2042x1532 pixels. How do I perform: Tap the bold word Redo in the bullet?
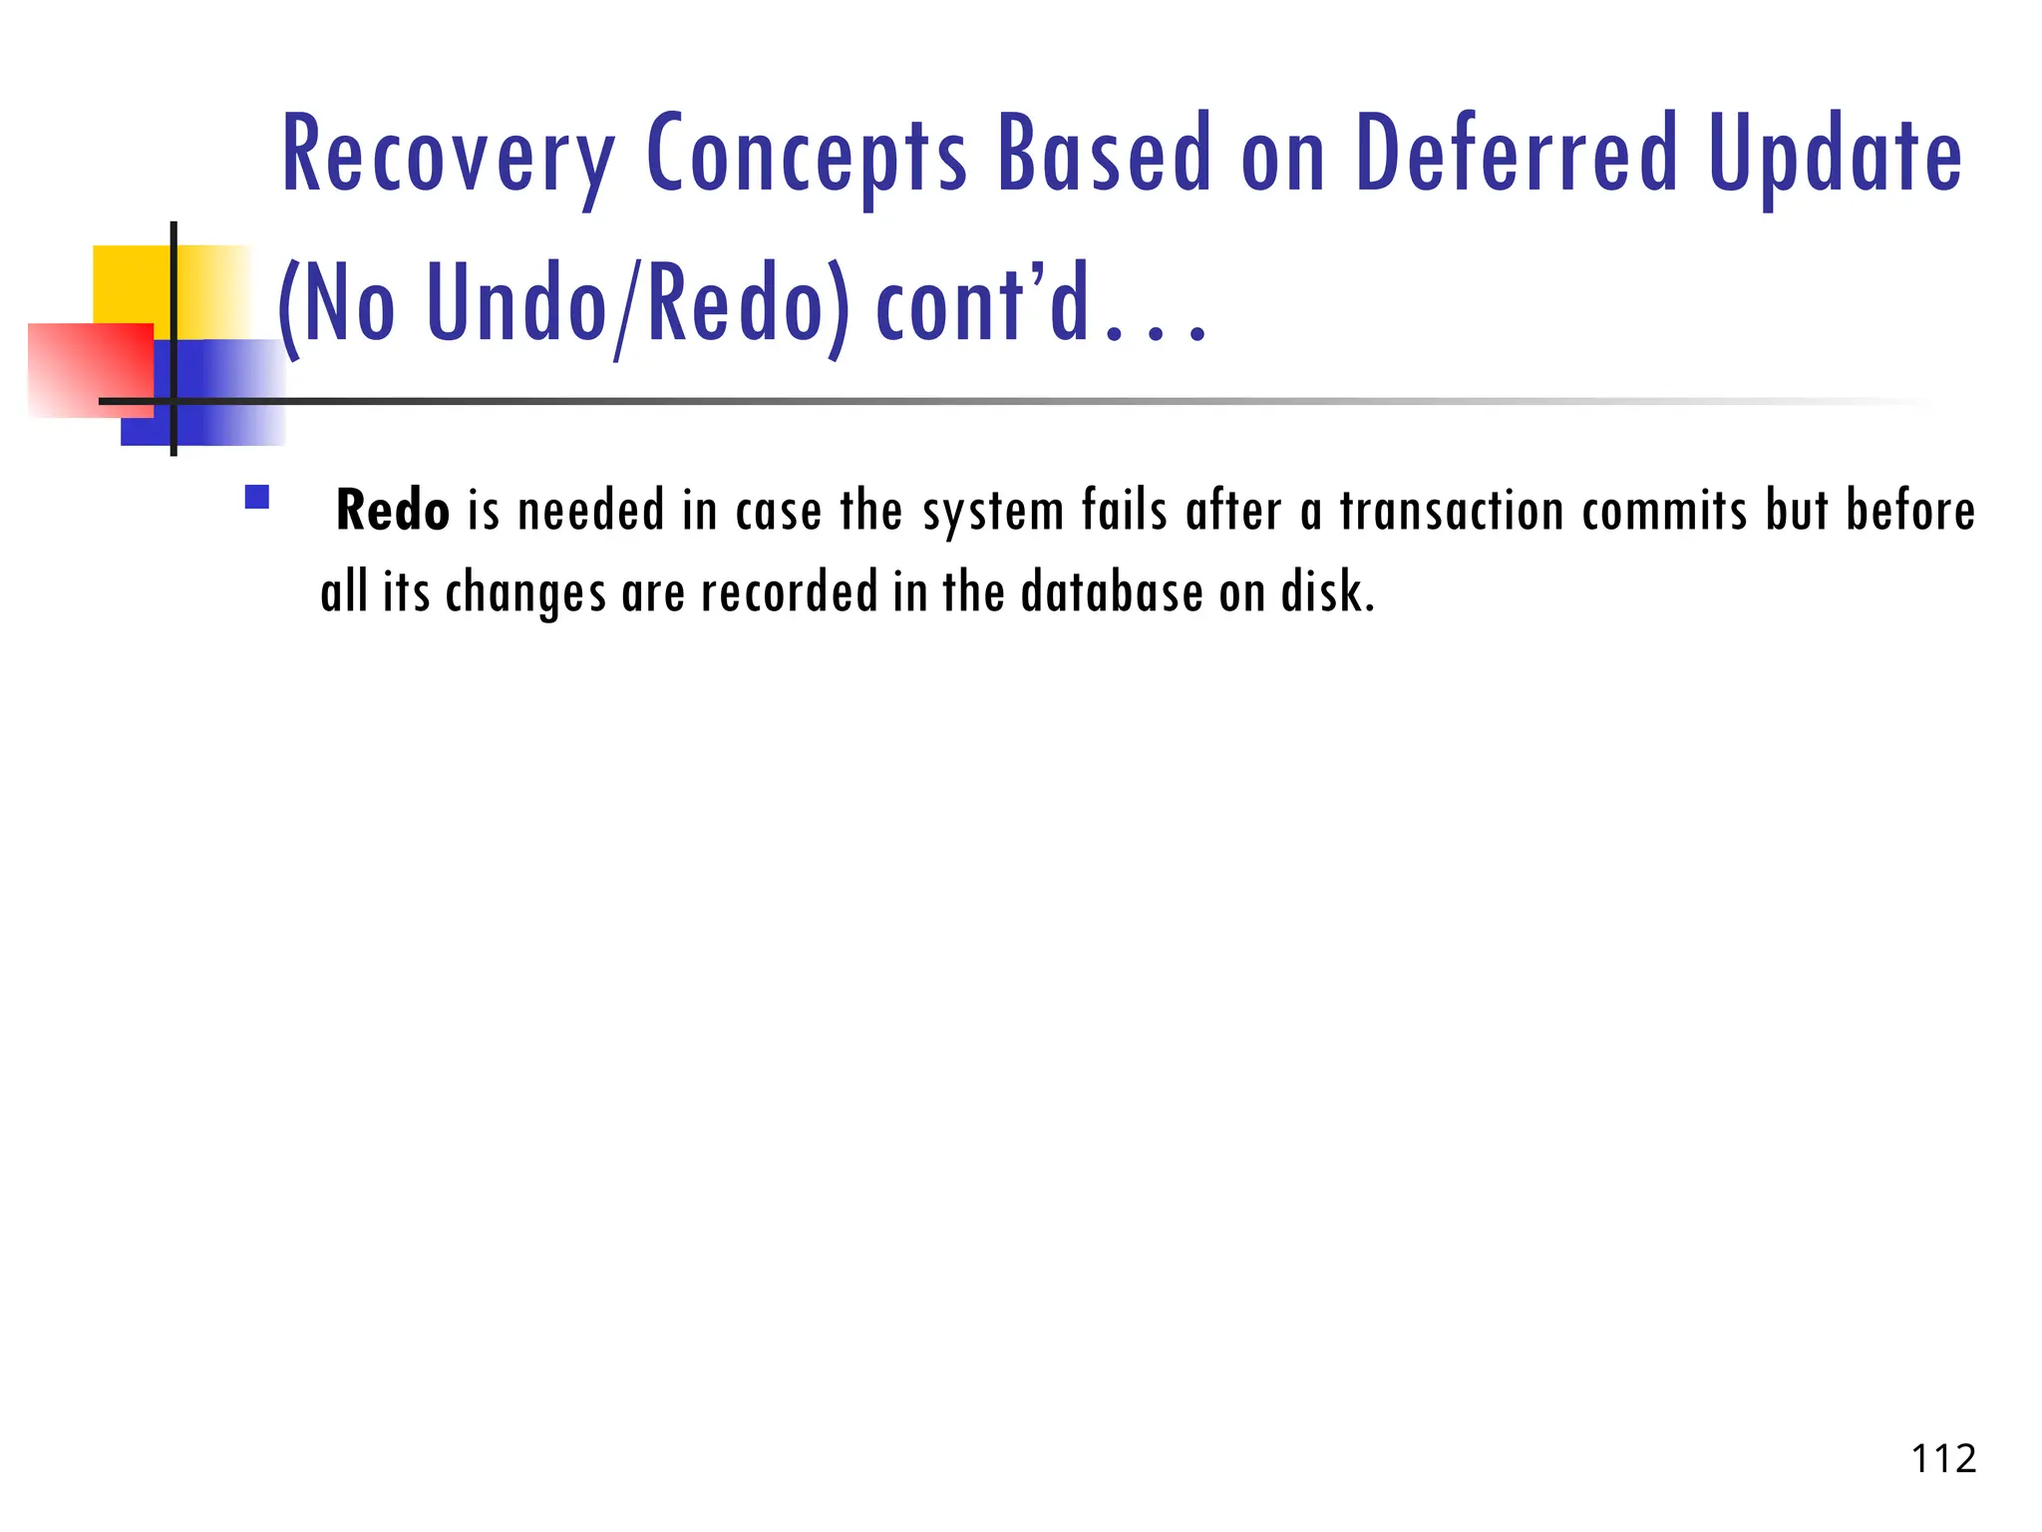(x=392, y=511)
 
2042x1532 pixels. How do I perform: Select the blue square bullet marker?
(x=257, y=497)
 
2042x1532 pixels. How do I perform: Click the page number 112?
(x=1943, y=1459)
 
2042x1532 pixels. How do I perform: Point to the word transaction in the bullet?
(x=1451, y=511)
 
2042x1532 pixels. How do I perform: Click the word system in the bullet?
(x=992, y=513)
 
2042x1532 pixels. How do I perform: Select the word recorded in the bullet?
(x=789, y=592)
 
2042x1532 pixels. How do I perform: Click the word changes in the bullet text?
(x=525, y=594)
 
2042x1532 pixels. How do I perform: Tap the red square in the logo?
(x=90, y=369)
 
